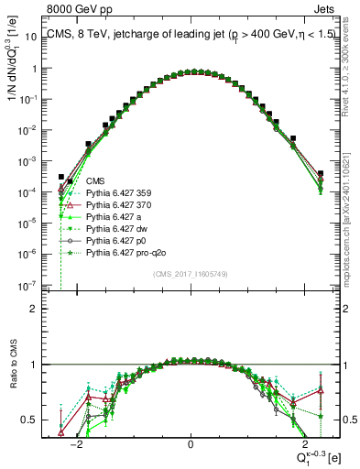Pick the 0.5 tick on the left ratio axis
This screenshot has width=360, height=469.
[40, 420]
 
